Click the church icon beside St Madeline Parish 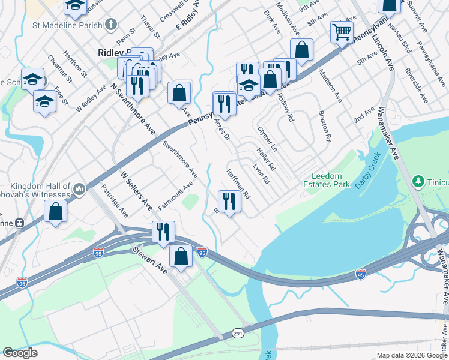click(x=110, y=25)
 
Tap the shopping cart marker click(x=342, y=32)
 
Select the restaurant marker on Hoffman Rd click(x=229, y=201)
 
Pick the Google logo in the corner click(x=20, y=353)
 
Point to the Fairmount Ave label click(x=175, y=196)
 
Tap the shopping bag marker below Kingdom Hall click(x=56, y=212)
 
